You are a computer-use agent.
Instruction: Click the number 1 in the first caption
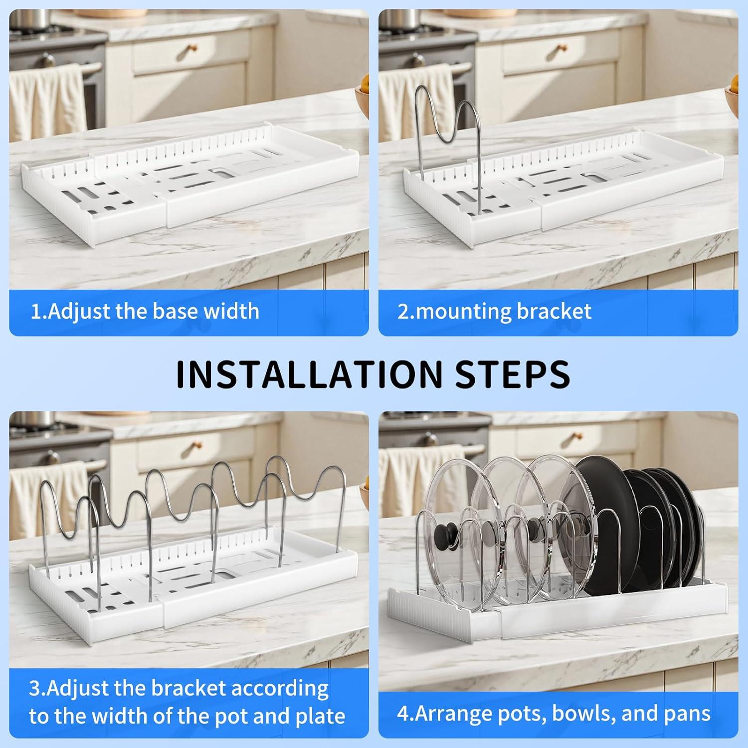35,312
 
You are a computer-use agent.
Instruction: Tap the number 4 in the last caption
402,714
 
